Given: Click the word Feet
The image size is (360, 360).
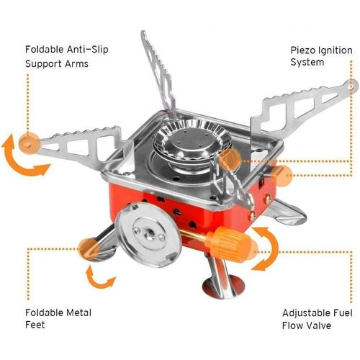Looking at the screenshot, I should click(35, 325).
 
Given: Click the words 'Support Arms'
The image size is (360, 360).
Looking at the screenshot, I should click(57, 63).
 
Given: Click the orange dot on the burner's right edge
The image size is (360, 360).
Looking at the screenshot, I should click(230, 159).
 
